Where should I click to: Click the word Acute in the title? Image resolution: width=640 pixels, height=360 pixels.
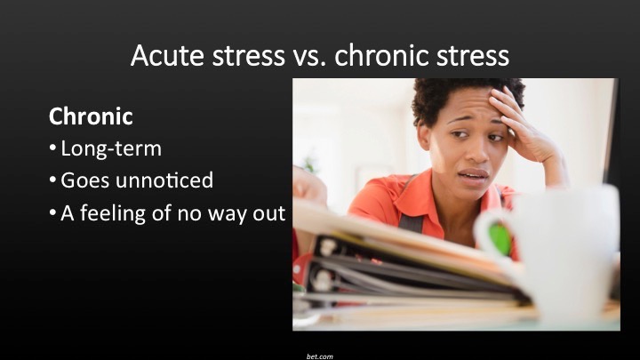(167, 55)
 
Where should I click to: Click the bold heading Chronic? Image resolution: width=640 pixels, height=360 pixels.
(91, 116)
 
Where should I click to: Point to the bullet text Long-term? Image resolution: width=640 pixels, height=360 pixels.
(111, 148)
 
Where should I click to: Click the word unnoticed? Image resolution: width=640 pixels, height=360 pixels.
(164, 180)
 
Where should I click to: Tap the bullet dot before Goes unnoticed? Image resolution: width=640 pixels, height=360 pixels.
(52, 180)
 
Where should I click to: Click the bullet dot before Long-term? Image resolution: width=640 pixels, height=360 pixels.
(52, 148)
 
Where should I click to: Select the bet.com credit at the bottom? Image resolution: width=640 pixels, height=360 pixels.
(320, 356)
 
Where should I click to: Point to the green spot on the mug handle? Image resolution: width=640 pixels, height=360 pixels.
(500, 239)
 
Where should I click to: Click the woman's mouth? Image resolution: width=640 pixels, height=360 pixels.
(474, 175)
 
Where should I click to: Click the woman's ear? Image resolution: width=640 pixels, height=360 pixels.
(424, 136)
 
